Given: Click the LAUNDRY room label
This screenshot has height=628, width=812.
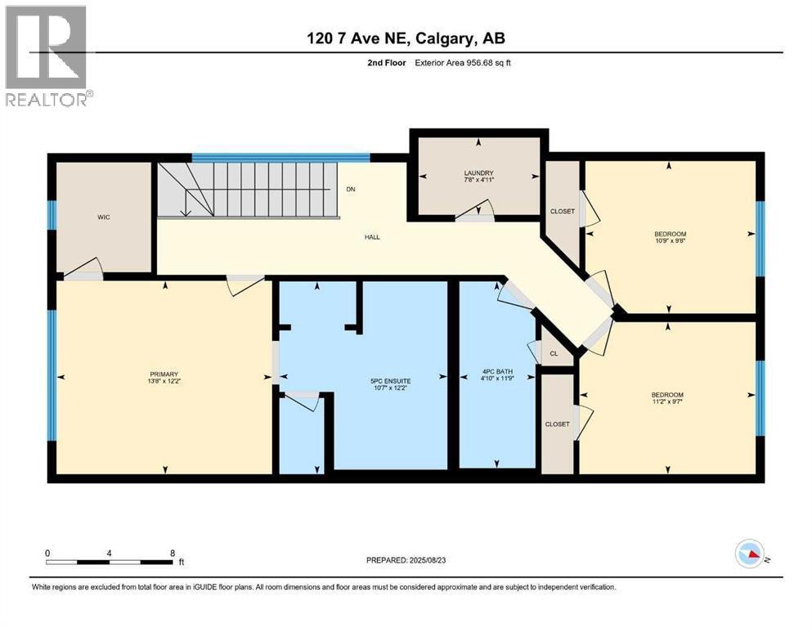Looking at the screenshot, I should [x=479, y=173].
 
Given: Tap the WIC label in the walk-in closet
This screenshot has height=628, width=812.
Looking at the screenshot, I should [x=102, y=217].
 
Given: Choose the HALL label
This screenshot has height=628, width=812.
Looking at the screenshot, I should [x=373, y=237].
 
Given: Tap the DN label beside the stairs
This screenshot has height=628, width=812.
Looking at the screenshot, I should [x=351, y=189].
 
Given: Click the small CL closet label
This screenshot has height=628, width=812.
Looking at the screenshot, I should [x=554, y=354].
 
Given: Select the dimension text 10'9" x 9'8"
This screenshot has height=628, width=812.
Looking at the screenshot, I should [x=668, y=240].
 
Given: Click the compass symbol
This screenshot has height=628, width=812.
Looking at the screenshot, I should [x=751, y=554].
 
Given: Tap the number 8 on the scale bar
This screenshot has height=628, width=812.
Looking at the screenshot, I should [x=172, y=553].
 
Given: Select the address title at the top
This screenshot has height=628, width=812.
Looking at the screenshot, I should [x=406, y=38].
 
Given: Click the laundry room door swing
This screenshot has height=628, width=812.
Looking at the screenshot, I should [x=476, y=212].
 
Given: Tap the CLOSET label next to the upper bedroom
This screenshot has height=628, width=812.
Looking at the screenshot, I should [x=563, y=211].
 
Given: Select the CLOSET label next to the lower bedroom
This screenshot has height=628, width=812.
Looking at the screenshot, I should [x=558, y=424].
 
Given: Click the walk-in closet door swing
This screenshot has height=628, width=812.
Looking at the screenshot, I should [x=83, y=270].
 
